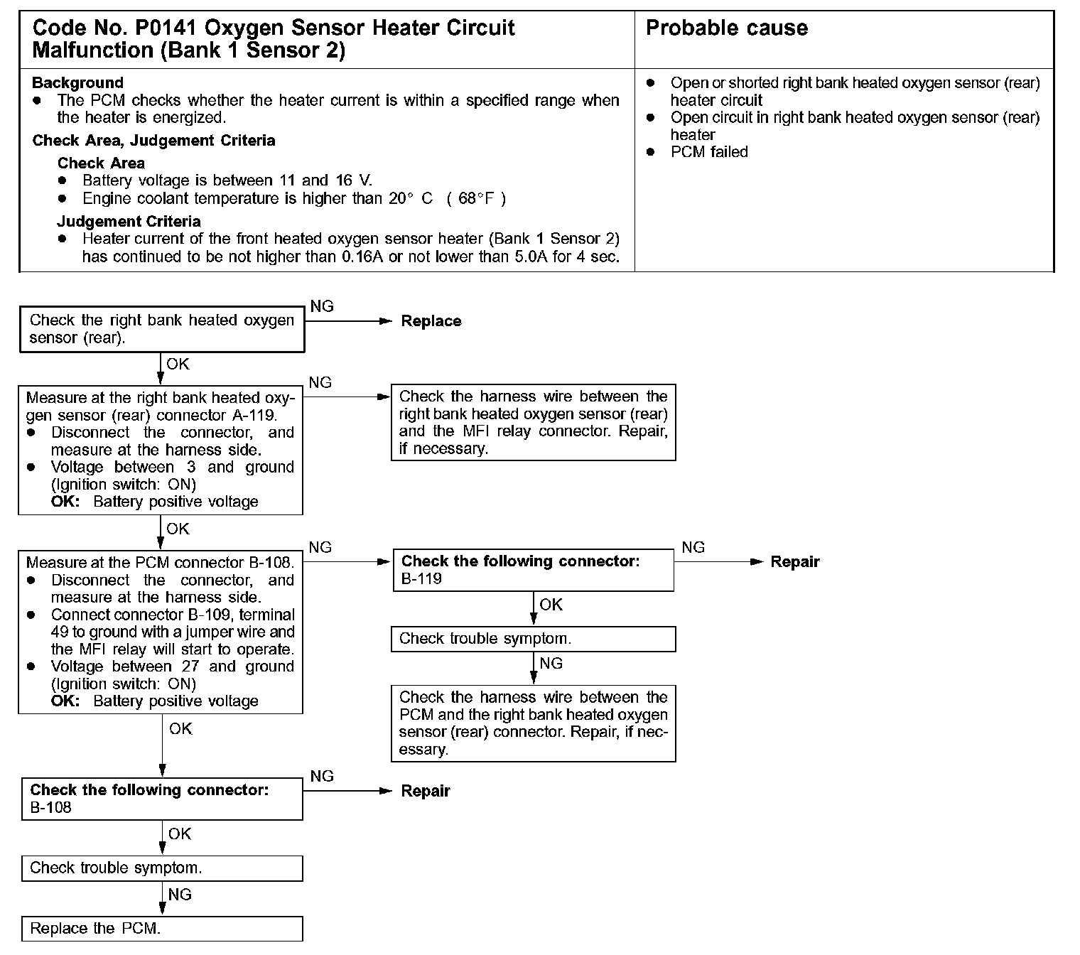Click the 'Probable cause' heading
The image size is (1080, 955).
[726, 28]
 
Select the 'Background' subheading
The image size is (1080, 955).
[77, 83]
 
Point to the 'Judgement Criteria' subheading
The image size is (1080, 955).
[129, 222]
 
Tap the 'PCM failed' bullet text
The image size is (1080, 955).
[709, 152]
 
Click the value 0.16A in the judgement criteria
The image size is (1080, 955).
[362, 257]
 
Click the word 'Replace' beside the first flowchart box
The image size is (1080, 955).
[431, 321]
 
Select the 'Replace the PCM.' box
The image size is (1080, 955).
[161, 929]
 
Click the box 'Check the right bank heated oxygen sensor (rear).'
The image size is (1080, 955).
[161, 329]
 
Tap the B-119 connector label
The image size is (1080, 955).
[421, 579]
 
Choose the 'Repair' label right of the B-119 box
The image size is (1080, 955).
[794, 562]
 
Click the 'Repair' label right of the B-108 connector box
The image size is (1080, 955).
[425, 792]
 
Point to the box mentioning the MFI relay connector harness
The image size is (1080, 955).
[533, 423]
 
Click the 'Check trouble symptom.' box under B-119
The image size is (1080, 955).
[533, 639]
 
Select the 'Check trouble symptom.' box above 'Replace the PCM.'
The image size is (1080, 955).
[161, 868]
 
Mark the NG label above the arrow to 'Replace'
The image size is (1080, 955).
[322, 306]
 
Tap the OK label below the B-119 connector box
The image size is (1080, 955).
[551, 605]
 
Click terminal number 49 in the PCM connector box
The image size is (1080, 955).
[59, 632]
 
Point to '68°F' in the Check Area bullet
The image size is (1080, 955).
[476, 199]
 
